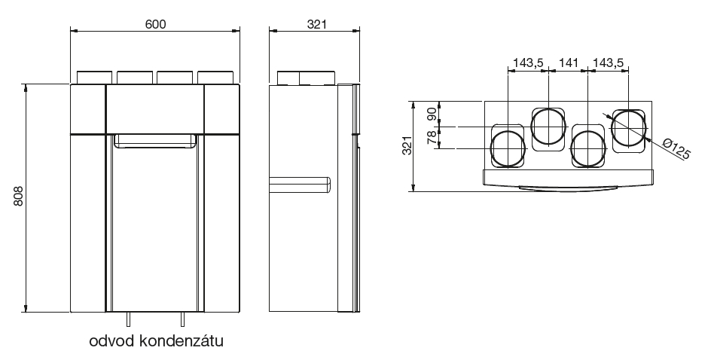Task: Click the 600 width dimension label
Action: click(x=155, y=23)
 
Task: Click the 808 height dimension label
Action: click(x=17, y=198)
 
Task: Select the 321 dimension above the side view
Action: click(x=315, y=23)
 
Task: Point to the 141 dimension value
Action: click(x=569, y=63)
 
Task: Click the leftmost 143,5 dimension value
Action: click(x=527, y=63)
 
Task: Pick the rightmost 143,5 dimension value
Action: click(x=609, y=63)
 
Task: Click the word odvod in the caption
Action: click(x=111, y=341)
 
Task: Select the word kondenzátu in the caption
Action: click(x=181, y=341)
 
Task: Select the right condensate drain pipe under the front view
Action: click(x=182, y=318)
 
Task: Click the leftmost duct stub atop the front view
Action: click(x=94, y=78)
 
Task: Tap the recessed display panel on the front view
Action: click(x=155, y=141)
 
